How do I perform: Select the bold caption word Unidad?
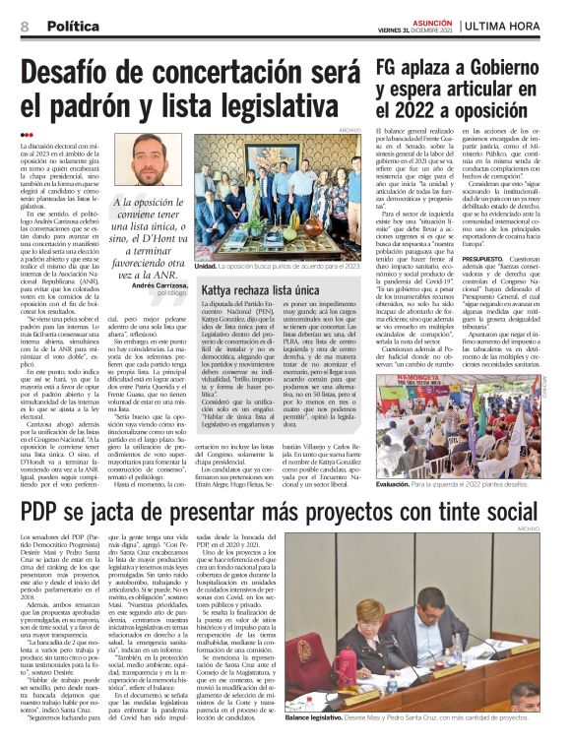pos(205,266)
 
